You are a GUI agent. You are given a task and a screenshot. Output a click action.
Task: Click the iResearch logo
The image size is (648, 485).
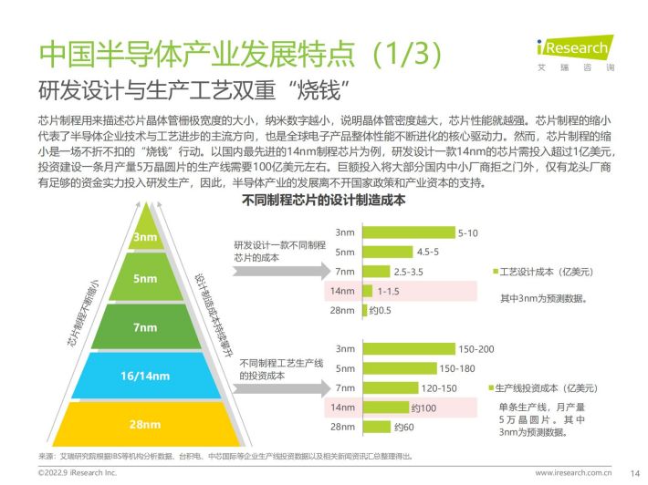pyautogui.click(x=575, y=53)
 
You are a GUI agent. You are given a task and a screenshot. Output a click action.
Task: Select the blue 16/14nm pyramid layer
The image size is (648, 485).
pyautogui.click(x=146, y=376)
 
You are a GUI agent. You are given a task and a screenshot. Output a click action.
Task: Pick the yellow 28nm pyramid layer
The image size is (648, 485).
pyautogui.click(x=145, y=424)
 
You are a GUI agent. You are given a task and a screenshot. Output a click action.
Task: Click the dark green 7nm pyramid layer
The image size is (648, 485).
pyautogui.click(x=146, y=326)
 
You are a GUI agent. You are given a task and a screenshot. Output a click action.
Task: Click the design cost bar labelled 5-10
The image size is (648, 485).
pyautogui.click(x=409, y=232)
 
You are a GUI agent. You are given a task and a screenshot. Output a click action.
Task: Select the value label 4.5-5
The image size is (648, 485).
pyautogui.click(x=428, y=253)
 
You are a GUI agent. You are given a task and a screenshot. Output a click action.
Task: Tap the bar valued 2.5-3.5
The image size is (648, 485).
pyautogui.click(x=376, y=272)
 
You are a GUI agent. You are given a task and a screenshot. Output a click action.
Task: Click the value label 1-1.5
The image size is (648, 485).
pyautogui.click(x=389, y=292)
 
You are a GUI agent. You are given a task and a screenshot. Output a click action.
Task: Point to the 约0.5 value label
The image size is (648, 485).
pyautogui.click(x=381, y=310)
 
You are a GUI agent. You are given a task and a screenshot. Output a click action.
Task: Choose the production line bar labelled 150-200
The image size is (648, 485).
pyautogui.click(x=409, y=349)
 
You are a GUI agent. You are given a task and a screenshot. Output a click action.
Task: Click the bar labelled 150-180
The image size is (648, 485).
pyautogui.click(x=400, y=368)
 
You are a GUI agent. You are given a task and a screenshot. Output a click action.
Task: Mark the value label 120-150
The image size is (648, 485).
pyautogui.click(x=439, y=388)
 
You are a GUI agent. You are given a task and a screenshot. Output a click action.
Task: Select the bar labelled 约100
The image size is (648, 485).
pyautogui.click(x=385, y=408)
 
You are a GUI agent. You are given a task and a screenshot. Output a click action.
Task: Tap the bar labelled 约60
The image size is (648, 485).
pyautogui.click(x=377, y=427)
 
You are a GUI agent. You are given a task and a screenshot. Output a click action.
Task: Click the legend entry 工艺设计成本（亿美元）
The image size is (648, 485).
pyautogui.click(x=543, y=272)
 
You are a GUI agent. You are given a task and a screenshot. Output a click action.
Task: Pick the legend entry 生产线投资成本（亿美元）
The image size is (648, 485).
pyautogui.click(x=543, y=388)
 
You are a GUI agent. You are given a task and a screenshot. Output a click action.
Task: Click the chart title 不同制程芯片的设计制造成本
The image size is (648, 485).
pyautogui.click(x=324, y=201)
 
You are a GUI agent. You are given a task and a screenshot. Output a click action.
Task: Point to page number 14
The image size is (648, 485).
pyautogui.click(x=635, y=473)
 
